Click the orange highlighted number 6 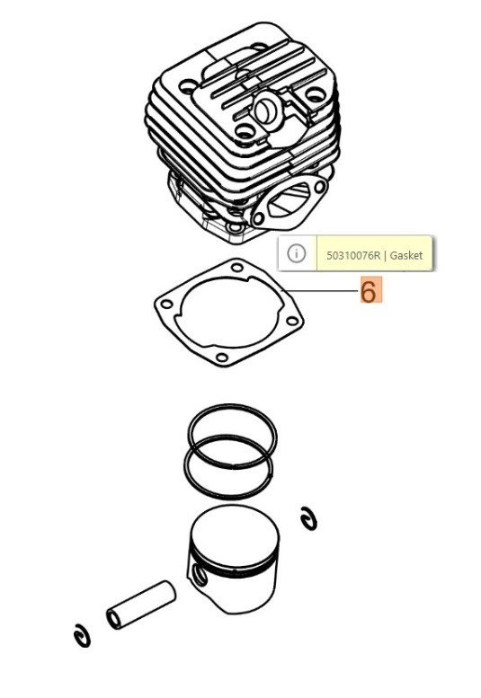pos(370,290)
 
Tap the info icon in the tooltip pos(296,253)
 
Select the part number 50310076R pos(353,255)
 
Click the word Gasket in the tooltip pos(406,255)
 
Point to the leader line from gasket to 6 pos(320,291)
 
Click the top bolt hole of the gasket pos(237,267)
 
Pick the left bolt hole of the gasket pos(166,305)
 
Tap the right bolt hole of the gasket pos(291,321)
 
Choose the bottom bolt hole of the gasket pos(221,358)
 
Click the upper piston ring pos(232,406)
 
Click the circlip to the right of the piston pos(308,518)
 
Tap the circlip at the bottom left pos(82,636)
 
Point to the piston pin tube pos(141,605)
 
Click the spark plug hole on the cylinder pos(266,109)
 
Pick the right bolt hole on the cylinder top pos(316,94)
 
